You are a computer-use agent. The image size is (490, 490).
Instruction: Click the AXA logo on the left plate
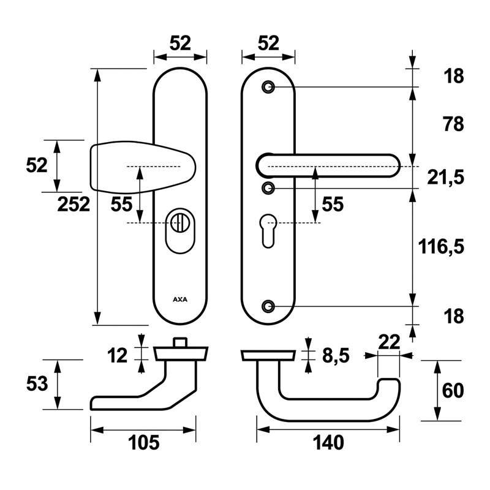point(180,300)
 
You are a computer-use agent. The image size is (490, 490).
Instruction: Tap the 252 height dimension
point(73,205)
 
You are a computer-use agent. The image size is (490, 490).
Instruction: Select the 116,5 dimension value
point(441,247)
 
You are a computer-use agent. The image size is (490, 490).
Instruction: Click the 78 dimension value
point(453,124)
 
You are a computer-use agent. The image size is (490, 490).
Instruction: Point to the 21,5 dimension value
point(446,178)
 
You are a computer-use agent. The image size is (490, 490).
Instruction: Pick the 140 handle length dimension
point(328,442)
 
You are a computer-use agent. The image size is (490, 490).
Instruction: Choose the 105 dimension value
point(144,442)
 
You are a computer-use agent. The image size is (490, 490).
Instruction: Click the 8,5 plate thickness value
point(336,356)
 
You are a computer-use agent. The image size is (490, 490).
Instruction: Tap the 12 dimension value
point(117,356)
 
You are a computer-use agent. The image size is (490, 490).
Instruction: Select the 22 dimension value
point(389,342)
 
